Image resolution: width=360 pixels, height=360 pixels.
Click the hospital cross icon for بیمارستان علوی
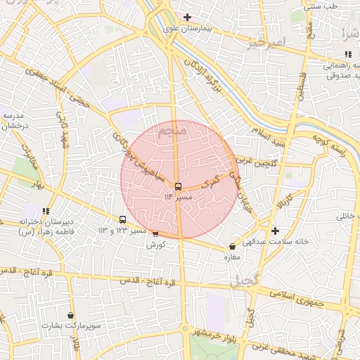tap(187, 17)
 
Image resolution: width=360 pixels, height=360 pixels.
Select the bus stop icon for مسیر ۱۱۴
tap(178, 187)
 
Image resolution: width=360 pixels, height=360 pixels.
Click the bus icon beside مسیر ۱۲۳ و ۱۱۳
tap(123, 219)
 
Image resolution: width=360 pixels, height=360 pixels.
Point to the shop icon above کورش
tap(155, 233)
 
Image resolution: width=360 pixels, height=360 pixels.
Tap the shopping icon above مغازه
tap(232, 247)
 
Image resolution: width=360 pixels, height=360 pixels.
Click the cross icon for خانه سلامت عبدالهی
tap(275, 231)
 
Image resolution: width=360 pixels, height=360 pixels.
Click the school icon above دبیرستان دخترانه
tap(46, 211)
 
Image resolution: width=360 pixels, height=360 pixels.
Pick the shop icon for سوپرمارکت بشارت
tap(70, 316)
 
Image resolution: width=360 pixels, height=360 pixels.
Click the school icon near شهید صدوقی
tap(348, 54)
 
